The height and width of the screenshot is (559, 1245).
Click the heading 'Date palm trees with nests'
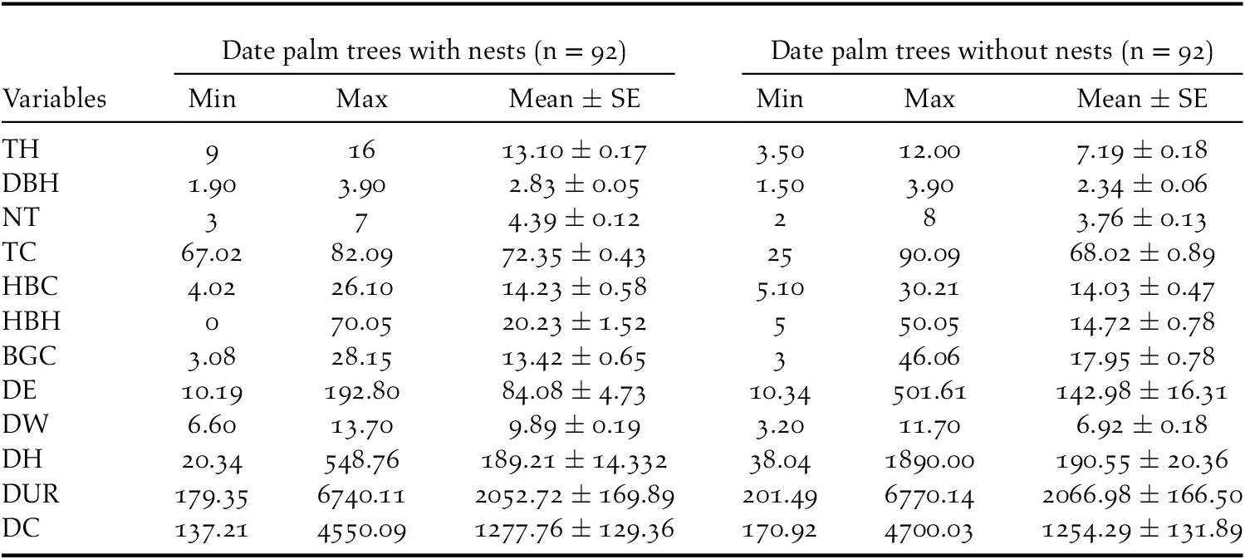coord(424,52)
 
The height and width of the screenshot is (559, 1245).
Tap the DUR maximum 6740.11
coord(362,495)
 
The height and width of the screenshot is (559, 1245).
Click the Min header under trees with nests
coord(211,100)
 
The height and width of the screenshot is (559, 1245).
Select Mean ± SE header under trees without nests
coord(1142,100)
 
